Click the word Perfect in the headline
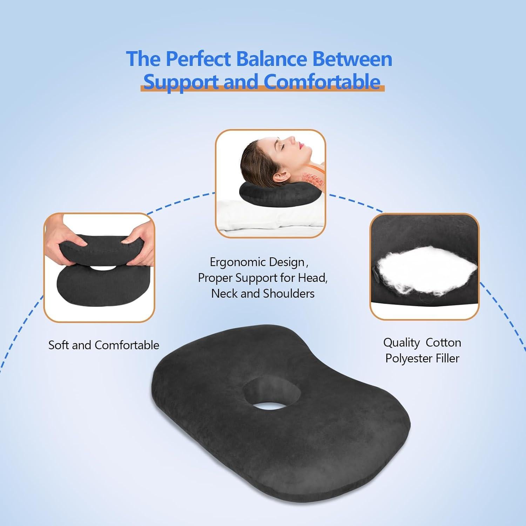click(x=198, y=59)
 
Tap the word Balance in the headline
click(x=272, y=59)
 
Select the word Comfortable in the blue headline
click(x=322, y=81)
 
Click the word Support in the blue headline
click(x=181, y=82)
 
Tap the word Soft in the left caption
click(x=59, y=345)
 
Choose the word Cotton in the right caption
click(x=443, y=343)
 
